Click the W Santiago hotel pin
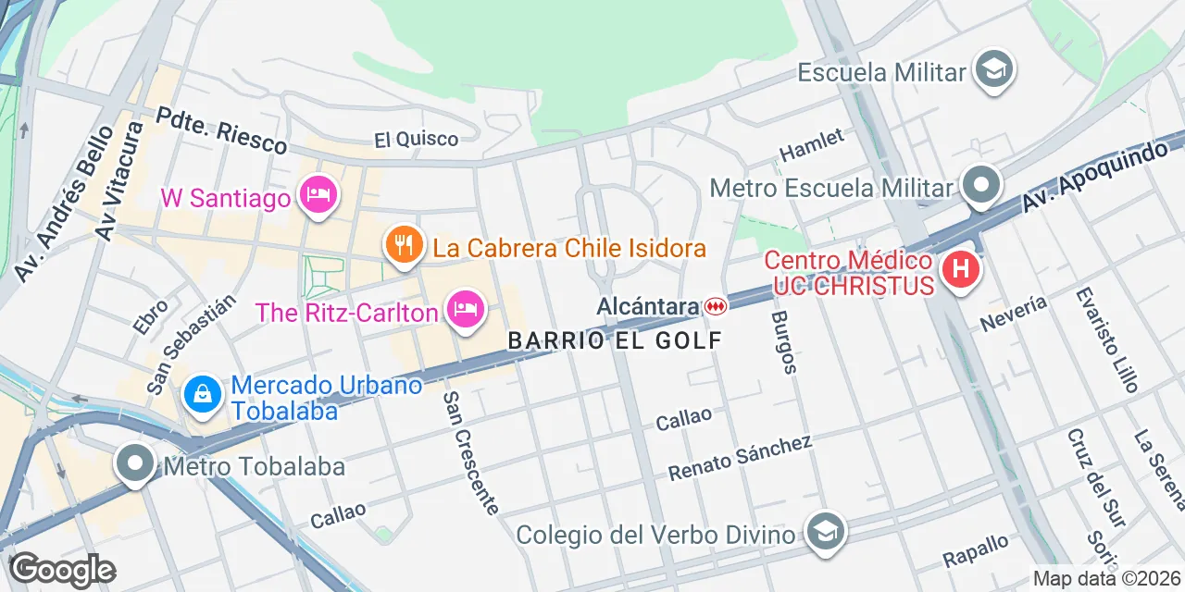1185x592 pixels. click(x=318, y=194)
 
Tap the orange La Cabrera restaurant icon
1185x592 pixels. click(x=404, y=244)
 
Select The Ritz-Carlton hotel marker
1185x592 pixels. click(x=466, y=309)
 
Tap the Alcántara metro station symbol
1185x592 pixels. click(x=715, y=305)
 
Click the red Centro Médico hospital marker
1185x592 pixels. click(x=960, y=270)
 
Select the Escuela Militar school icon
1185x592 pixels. click(x=994, y=69)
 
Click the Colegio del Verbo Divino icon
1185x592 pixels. click(x=821, y=532)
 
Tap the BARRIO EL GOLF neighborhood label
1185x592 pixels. click(x=615, y=340)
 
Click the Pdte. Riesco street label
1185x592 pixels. click(x=221, y=130)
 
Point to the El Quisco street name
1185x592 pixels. click(x=416, y=140)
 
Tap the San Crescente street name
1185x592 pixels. click(x=470, y=452)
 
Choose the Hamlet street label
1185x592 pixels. click(x=812, y=144)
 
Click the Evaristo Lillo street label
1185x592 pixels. click(x=1107, y=339)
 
